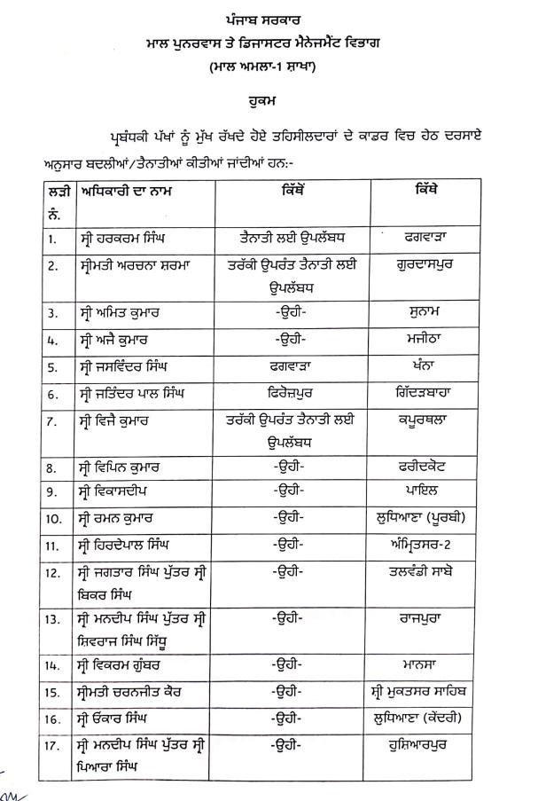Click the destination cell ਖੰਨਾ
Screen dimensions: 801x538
426,365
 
